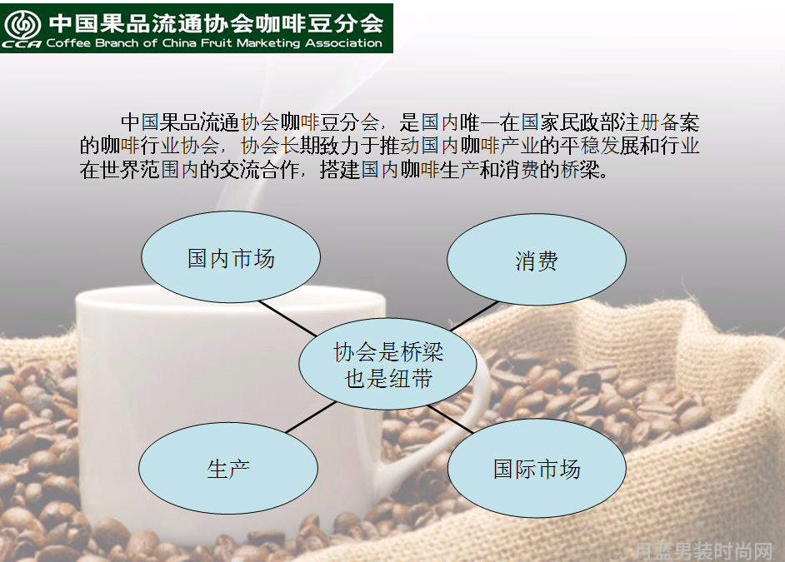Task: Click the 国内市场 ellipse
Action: coord(231,257)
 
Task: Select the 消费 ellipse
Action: coord(536,260)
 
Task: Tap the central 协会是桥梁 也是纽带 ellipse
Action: coord(388,364)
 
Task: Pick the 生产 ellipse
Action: coord(228,468)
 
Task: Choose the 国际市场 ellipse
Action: coord(537,469)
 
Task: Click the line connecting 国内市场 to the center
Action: coord(287,318)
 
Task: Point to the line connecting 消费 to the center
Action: coord(475,316)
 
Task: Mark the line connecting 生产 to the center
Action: coord(311,416)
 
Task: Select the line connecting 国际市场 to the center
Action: coord(450,419)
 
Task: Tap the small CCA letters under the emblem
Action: coord(22,44)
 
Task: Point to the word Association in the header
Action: coord(343,43)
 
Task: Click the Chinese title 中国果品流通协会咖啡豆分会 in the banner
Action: coord(216,23)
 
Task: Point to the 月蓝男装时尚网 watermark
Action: coord(702,551)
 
